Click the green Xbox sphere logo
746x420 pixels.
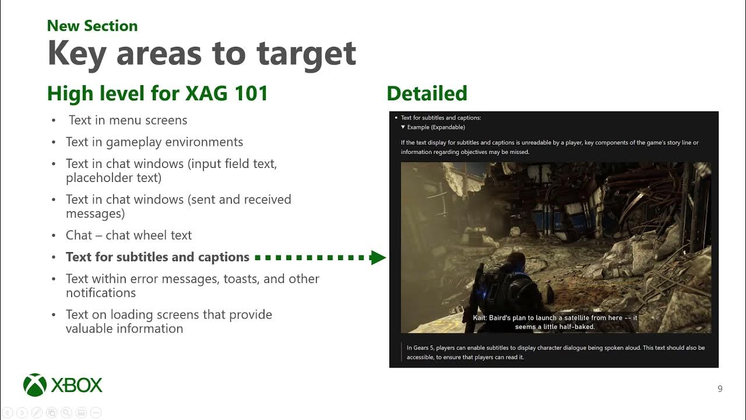coord(35,385)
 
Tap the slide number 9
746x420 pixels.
coord(720,389)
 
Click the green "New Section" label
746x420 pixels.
coord(92,26)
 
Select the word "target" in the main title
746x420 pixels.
coord(306,54)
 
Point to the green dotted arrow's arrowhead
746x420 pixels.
coord(379,257)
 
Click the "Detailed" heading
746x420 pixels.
coord(427,93)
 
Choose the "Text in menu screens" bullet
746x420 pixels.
coord(128,120)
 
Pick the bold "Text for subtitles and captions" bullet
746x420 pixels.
coord(157,257)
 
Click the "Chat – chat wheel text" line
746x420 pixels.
coord(129,235)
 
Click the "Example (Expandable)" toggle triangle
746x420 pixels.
coord(403,127)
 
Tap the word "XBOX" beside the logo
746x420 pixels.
coord(76,386)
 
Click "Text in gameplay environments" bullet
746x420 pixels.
coord(154,142)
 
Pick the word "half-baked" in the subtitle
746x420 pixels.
coord(575,327)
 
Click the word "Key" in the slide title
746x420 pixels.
coord(76,54)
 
